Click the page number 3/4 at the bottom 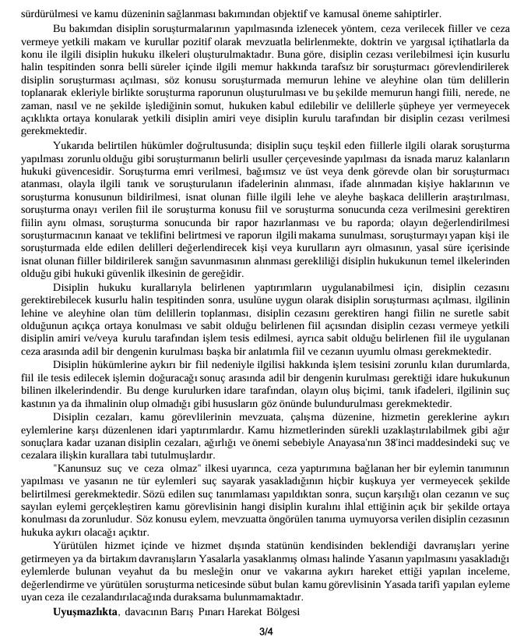click(x=265, y=629)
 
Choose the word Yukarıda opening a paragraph click(x=76, y=147)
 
